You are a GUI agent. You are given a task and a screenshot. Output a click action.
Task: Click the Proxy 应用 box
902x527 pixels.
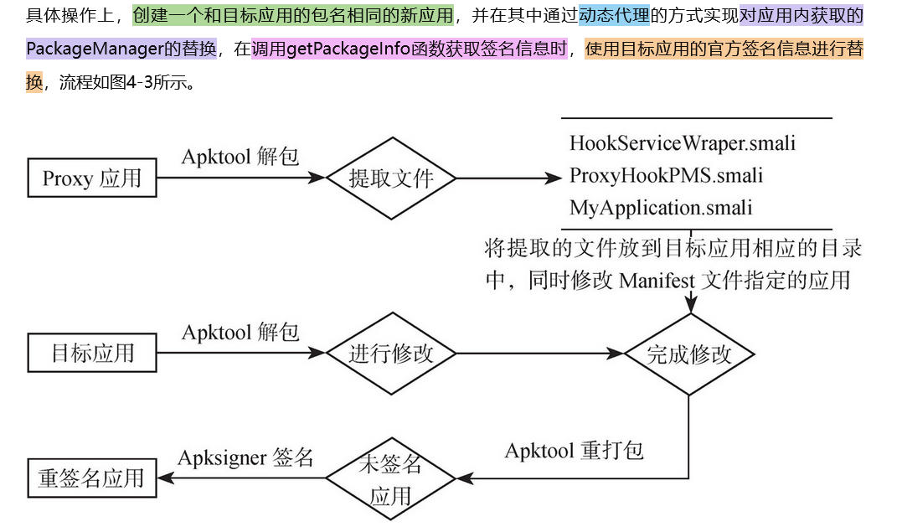[92, 178]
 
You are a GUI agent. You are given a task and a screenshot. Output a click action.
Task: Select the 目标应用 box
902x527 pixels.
[92, 353]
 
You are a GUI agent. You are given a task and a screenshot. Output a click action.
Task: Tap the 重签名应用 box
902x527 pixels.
[92, 478]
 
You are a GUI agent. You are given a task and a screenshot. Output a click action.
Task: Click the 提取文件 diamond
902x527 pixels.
[391, 178]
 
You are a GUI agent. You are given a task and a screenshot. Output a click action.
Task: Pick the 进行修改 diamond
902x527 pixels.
[391, 354]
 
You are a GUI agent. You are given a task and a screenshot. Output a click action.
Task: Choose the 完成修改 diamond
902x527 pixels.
[689, 354]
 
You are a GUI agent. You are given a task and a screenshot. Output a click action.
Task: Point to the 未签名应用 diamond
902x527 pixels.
[390, 478]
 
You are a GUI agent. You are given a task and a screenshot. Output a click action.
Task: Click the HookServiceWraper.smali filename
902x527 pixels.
[682, 143]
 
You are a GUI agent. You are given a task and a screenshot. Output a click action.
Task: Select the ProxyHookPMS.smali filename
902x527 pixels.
[666, 175]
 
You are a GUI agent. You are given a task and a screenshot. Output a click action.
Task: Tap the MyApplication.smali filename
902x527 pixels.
[661, 207]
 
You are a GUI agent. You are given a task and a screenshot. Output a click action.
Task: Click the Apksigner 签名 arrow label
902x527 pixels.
[245, 457]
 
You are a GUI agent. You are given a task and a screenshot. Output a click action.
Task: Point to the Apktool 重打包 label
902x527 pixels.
[574, 451]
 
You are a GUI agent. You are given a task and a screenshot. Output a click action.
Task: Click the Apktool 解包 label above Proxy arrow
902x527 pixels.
[240, 157]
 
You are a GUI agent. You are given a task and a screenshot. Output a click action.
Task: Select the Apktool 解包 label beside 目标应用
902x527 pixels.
[240, 332]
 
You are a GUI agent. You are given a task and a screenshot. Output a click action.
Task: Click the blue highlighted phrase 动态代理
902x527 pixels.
[613, 16]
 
